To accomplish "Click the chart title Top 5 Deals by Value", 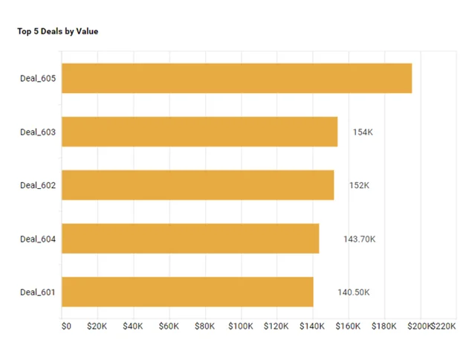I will pos(57,31).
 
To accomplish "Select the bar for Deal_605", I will pos(236,78).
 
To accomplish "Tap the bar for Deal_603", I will pos(199,132).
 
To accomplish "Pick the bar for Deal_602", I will pos(198,185).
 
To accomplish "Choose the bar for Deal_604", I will pos(190,239).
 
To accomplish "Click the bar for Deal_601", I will pos(187,292).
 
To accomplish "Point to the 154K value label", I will pos(363,132).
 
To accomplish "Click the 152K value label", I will pos(359,185).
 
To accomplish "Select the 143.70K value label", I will pos(359,239).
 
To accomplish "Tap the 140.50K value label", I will pos(353,292).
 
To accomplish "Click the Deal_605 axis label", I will pos(38,78).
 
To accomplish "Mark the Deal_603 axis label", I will pos(38,132).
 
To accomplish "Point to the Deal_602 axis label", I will pos(38,185).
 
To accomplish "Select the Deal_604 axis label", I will pos(38,239).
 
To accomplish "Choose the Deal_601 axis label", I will pos(38,292).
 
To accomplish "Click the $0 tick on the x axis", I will pos(66,326).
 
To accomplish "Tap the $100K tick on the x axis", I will pos(241,326).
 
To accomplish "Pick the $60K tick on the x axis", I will pos(169,326).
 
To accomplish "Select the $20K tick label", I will pos(97,326).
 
